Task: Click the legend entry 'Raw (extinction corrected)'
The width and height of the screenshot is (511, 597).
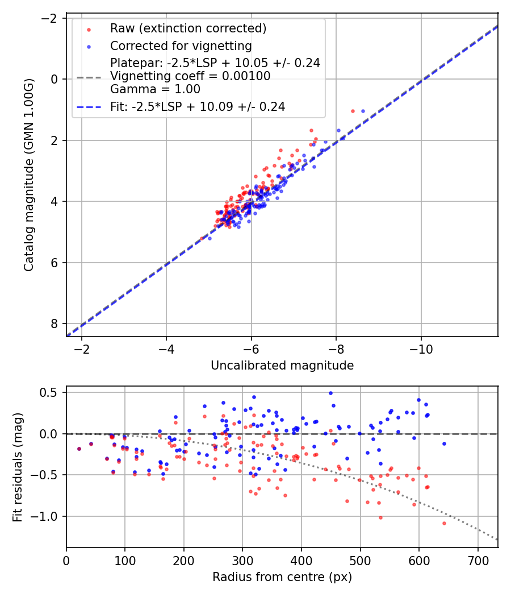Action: [188, 28]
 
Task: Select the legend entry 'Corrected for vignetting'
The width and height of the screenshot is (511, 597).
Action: [181, 45]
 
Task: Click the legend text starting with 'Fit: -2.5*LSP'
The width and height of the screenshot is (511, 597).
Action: [198, 106]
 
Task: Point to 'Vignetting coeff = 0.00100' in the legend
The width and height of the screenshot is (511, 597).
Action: [190, 76]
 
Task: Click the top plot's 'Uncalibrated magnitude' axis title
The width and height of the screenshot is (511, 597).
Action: [282, 366]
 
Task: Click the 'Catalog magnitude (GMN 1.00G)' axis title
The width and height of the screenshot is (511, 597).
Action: [30, 175]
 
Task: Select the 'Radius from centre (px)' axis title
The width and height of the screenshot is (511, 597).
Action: [282, 577]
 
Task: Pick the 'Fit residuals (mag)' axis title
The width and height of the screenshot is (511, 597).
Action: [18, 467]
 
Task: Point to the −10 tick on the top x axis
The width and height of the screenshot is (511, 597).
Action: [421, 347]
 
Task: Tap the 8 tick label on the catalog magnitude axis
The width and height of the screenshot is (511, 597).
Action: [55, 324]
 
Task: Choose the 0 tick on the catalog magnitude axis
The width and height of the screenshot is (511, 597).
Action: [55, 79]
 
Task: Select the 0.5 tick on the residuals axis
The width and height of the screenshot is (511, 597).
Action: [51, 392]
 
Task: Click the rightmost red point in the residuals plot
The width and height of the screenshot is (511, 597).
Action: [444, 523]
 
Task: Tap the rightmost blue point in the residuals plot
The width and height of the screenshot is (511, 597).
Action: [444, 443]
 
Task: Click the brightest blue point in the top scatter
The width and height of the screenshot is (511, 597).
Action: [363, 111]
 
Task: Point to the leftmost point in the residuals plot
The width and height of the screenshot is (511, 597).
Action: [79, 449]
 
